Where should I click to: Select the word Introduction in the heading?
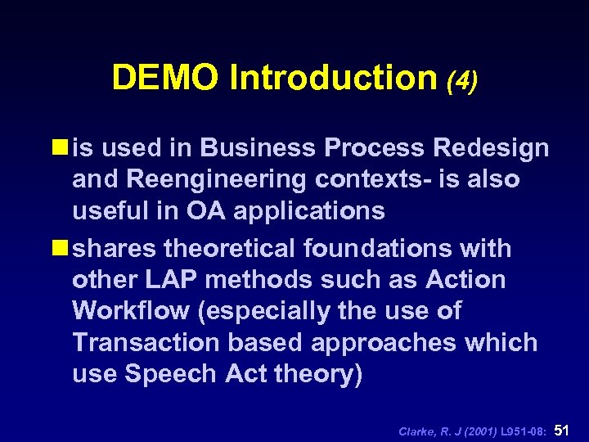tap(334, 78)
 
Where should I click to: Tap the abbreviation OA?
tap(219, 211)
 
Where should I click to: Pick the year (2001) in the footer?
tap(484, 431)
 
